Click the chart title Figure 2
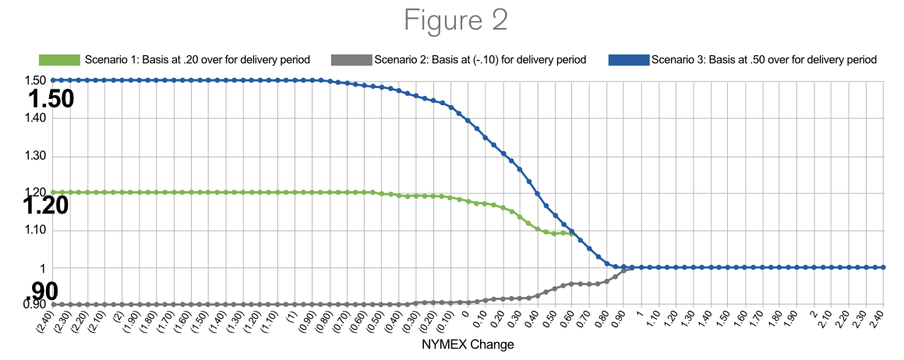[456, 21]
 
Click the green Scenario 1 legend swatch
[59, 60]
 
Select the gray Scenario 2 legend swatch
[351, 60]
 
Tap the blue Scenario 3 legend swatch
[628, 60]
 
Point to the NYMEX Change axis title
[468, 344]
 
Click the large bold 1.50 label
[51, 99]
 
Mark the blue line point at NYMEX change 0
[468, 121]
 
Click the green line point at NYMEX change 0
[468, 201]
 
